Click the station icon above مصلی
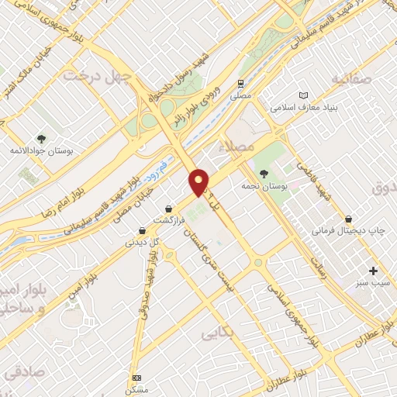[x=242, y=83]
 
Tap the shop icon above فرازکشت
[x=169, y=209]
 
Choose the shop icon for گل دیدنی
[x=142, y=230]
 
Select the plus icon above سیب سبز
[x=374, y=271]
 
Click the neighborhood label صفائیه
[x=346, y=79]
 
